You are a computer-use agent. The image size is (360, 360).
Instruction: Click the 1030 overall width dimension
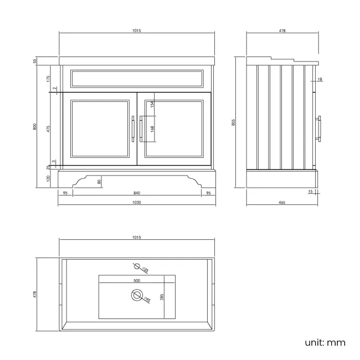[x=137, y=203]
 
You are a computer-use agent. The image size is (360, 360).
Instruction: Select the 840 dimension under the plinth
[x=137, y=193]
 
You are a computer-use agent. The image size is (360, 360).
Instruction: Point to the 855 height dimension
[x=233, y=122]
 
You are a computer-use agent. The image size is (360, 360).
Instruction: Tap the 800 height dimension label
[x=35, y=126]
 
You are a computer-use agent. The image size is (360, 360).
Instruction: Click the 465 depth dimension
[x=281, y=203]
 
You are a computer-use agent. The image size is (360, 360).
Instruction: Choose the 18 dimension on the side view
[x=320, y=80]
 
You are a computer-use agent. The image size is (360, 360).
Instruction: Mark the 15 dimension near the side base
[x=310, y=192]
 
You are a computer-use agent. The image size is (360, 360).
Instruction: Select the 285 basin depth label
[x=162, y=297]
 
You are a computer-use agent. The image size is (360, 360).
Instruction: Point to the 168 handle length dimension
[x=152, y=128]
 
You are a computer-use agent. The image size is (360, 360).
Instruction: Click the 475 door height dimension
[x=49, y=128]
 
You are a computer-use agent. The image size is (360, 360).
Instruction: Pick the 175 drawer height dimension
[x=49, y=78]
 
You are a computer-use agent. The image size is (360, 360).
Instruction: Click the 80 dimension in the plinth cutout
[x=100, y=181]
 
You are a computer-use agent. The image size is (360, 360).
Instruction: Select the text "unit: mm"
[x=325, y=342]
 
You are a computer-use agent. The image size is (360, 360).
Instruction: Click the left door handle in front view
[x=133, y=128]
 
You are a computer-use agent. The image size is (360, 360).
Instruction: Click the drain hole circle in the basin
[x=136, y=295]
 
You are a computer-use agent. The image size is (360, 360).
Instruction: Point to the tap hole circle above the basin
[x=136, y=266]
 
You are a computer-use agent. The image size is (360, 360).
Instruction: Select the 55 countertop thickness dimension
[x=35, y=61]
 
